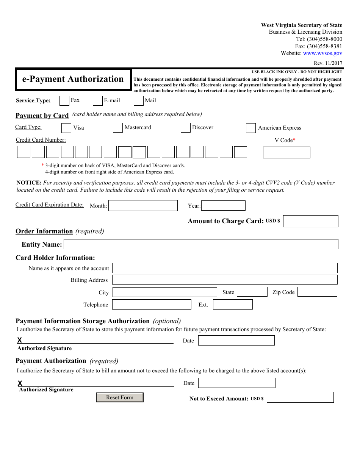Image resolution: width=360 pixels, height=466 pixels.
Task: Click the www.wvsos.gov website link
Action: pos(322,53)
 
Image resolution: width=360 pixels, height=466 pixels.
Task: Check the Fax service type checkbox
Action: pos(64,101)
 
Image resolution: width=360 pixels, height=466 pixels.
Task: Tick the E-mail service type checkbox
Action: pos(98,101)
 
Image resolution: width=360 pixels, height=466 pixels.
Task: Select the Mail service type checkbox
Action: pos(139,101)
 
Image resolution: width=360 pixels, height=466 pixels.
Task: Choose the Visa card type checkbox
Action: pos(66,128)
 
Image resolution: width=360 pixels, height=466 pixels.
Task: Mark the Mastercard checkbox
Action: pos(118,128)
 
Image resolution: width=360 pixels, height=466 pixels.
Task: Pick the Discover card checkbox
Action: pos(185,128)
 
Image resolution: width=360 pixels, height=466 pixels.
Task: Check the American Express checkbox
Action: pos(251,128)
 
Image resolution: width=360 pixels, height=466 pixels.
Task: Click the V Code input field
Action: pos(286,152)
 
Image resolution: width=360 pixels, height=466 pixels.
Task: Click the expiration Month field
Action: pos(143,206)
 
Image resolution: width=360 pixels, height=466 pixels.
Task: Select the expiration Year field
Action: pos(223,206)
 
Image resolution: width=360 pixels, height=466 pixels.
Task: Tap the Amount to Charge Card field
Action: pos(310,221)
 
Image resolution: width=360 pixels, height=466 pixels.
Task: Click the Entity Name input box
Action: pos(201,244)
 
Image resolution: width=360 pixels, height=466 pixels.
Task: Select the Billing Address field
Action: pos(225,280)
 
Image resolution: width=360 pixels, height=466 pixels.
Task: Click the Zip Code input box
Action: pos(317,292)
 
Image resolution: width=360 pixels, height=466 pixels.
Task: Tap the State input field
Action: pos(252,292)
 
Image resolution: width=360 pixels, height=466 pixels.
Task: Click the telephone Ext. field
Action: pos(233,305)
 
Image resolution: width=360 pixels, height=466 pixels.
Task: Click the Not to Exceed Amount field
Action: pos(300,397)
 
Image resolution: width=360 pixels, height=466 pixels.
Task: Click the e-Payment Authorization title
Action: pos(73,79)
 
